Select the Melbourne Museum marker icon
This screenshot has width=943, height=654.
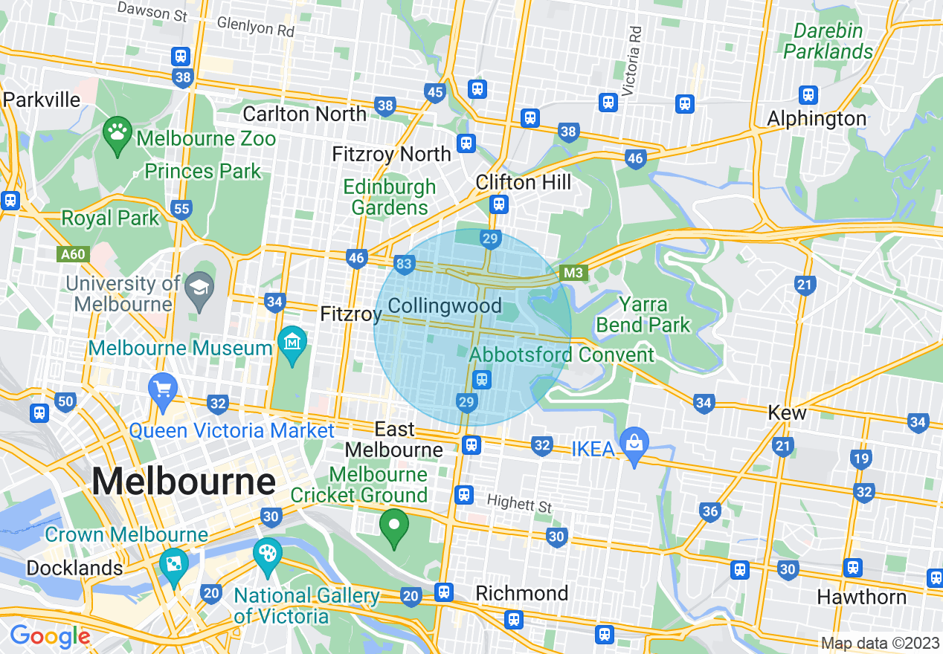coord(292,342)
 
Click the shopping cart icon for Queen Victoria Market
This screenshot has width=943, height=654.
coord(162,389)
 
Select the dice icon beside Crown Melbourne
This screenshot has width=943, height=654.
coord(173,566)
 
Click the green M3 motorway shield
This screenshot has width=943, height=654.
coord(573,273)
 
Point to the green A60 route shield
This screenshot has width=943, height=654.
coord(73,254)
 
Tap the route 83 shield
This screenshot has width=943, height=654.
coord(405,265)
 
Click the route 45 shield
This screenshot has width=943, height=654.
coord(435,92)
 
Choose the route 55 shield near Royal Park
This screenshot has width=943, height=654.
coord(181,209)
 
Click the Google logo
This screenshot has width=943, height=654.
coord(50,636)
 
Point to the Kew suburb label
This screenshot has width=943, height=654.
coord(787,412)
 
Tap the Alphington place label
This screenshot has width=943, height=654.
coord(817,119)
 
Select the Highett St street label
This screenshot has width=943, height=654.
coord(519,505)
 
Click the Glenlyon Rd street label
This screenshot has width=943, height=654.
coord(255,27)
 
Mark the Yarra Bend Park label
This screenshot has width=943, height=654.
coord(643,315)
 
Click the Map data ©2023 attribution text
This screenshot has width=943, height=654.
coord(879,643)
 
